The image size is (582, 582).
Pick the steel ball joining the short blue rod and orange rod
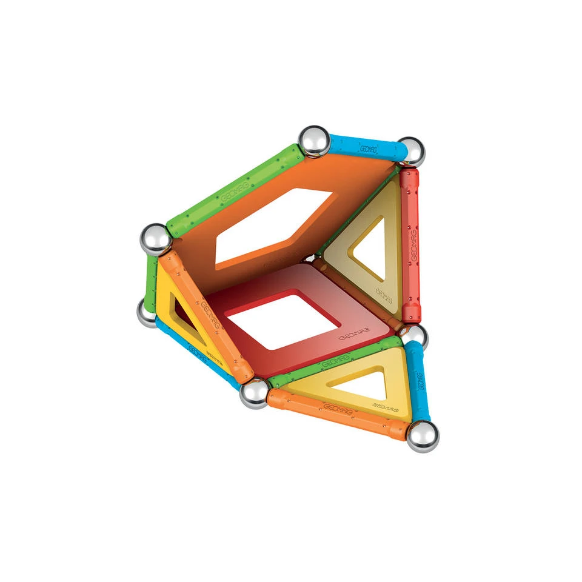click(422, 435)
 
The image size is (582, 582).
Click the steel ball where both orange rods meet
click(254, 394)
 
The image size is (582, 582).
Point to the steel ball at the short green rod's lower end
click(147, 313)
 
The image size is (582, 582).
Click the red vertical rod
click(410, 246)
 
